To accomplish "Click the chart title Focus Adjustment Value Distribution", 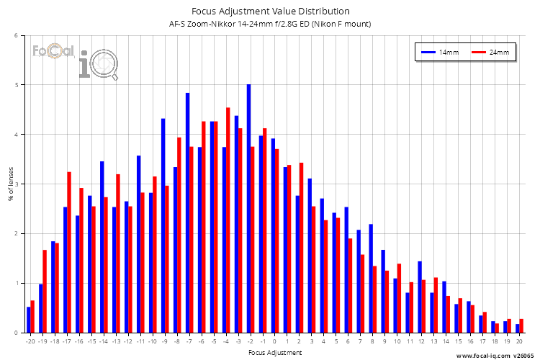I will point(270,12).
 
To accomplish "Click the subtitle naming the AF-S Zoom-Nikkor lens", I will point(270,24).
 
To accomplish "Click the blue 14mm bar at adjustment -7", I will point(187,213).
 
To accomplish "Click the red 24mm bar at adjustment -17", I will point(69,253).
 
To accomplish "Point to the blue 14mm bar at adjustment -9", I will point(163,225).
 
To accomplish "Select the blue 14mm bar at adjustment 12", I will point(420,297).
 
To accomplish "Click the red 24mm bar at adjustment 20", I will point(521,326).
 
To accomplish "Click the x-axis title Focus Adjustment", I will point(274,353).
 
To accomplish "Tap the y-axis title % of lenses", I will point(11,184).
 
